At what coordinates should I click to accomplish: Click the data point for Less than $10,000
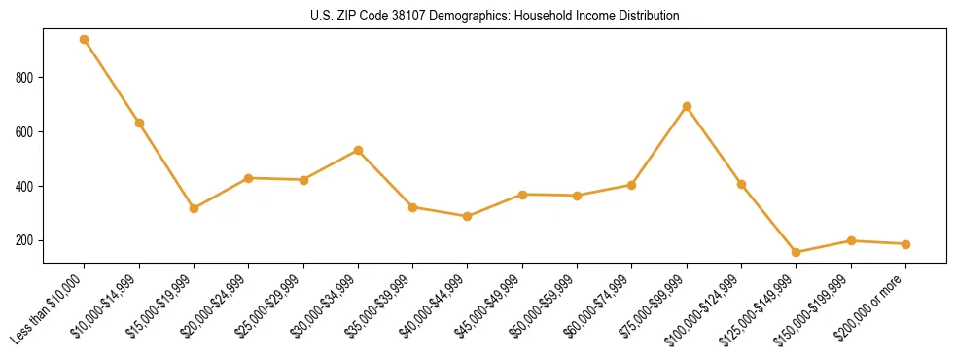[85, 40]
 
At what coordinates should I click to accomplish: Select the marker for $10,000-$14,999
[139, 123]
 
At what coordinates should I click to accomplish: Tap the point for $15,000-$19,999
[195, 208]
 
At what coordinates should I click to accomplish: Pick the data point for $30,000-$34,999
[359, 150]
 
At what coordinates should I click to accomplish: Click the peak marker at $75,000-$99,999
[687, 106]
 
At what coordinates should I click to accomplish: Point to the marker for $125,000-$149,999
[797, 252]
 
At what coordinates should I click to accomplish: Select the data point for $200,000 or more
[905, 244]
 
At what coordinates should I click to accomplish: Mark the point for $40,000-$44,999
[468, 216]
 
